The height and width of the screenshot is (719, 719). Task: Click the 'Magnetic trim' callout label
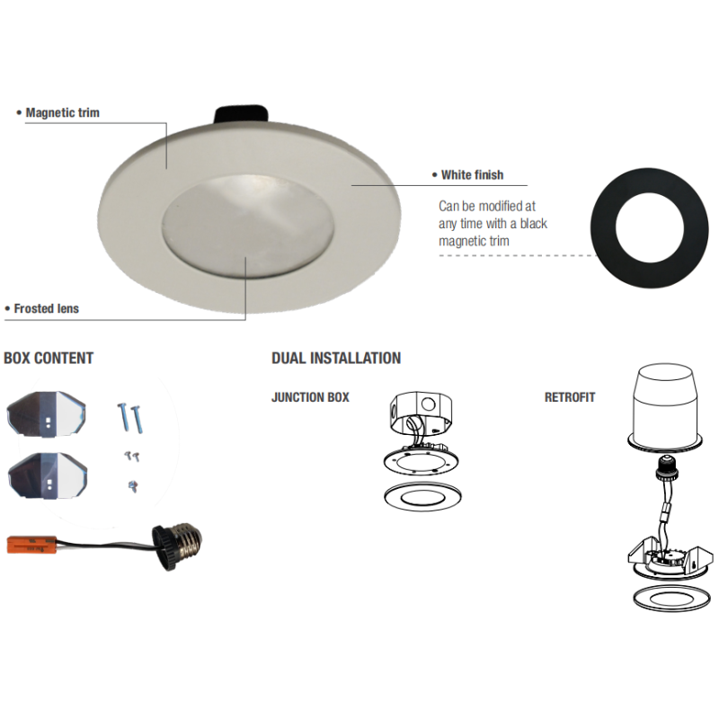tap(62, 113)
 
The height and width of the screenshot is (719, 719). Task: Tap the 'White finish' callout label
tap(472, 174)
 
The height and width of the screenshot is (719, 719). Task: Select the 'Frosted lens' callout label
tap(47, 308)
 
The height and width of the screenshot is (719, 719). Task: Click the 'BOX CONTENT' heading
tap(49, 358)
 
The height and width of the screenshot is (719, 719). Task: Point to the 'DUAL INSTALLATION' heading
tap(336, 358)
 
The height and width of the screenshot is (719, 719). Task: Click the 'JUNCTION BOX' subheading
tap(310, 397)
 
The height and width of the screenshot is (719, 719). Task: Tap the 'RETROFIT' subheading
tap(570, 397)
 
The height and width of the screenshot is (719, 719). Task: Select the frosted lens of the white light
tap(248, 226)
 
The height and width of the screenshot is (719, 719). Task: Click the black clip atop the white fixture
tap(241, 115)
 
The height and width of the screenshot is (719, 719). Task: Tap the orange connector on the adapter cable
tap(31, 545)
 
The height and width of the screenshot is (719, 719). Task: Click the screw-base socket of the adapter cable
tap(177, 547)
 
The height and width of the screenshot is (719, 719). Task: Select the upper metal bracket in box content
tap(47, 414)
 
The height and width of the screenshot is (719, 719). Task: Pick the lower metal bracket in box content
tap(48, 475)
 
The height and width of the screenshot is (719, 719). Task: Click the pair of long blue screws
tap(130, 418)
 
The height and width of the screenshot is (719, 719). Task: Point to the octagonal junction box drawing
tap(421, 413)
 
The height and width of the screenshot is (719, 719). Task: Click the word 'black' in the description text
tap(533, 224)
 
